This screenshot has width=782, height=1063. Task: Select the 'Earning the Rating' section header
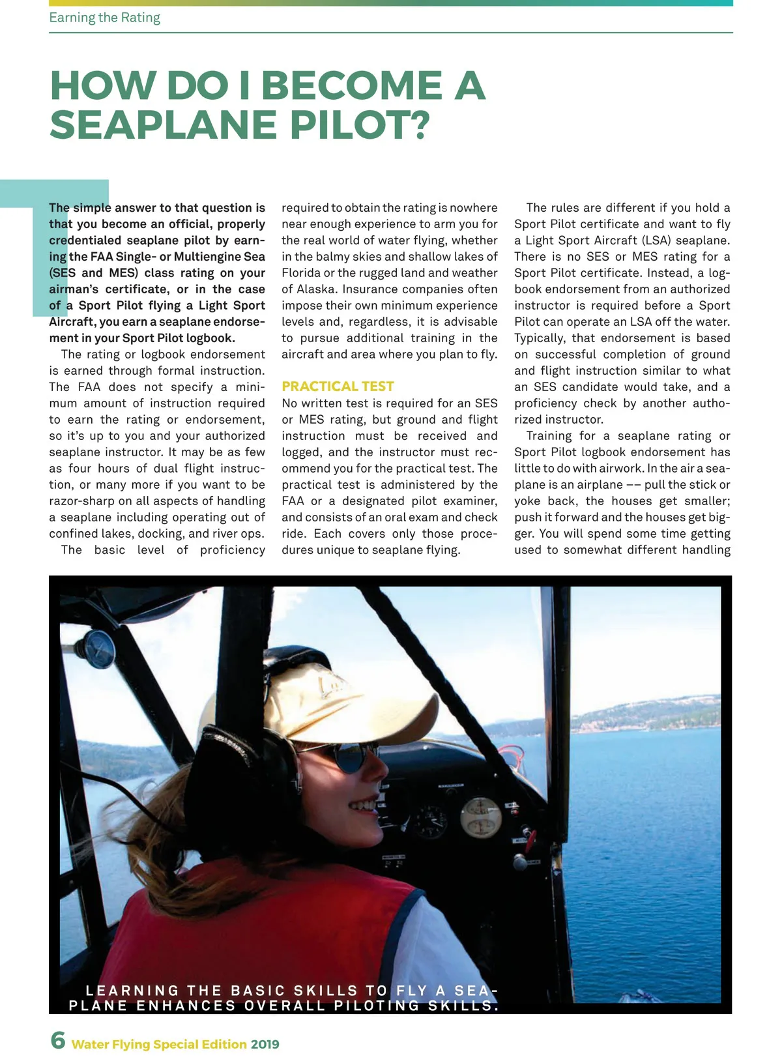(x=104, y=18)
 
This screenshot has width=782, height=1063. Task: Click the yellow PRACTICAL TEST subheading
(x=338, y=386)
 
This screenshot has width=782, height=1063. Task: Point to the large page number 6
(x=58, y=1040)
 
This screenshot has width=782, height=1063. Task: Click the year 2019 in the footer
(x=265, y=1044)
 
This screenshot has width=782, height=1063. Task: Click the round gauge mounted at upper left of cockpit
(x=99, y=648)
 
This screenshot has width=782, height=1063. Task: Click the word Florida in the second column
(x=300, y=273)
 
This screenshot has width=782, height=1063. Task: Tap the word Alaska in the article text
(x=315, y=289)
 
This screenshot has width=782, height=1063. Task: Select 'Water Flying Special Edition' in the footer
(x=159, y=1044)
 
